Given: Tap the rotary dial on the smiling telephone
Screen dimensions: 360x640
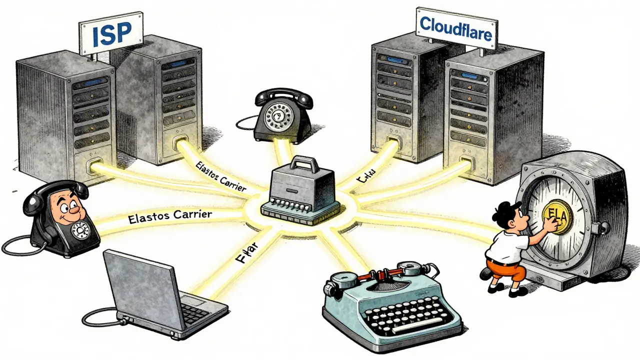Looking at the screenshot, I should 80,231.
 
